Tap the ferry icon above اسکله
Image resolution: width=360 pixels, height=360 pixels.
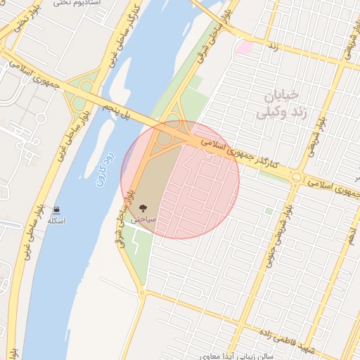pyautogui.click(x=56, y=210)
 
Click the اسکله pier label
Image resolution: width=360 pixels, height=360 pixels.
pyautogui.click(x=56, y=221)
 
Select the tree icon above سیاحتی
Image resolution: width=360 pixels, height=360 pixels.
pyautogui.click(x=143, y=208)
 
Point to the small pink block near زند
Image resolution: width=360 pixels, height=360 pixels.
pyautogui.click(x=244, y=48)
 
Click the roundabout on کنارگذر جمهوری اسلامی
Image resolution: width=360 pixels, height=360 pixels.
pyautogui.click(x=297, y=178)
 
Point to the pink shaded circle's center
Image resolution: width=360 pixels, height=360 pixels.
pyautogui.click(x=180, y=180)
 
